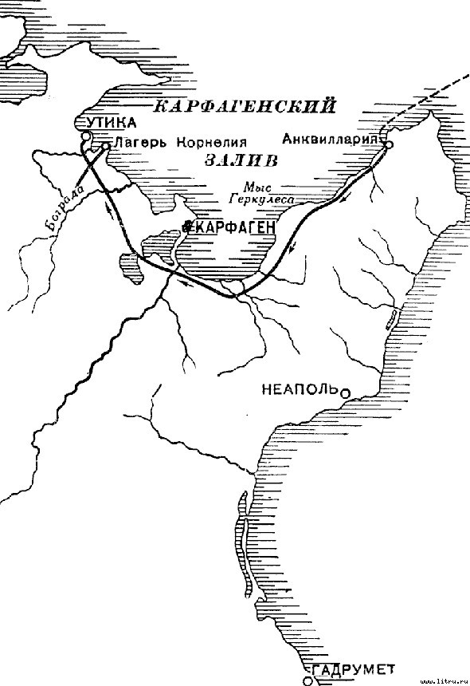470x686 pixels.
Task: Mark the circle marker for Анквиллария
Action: coord(390,144)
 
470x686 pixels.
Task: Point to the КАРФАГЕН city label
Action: coord(233,227)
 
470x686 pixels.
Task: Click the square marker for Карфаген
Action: coord(186,227)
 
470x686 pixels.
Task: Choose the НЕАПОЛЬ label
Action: coord(300,389)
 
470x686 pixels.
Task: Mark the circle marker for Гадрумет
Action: coord(308,680)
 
